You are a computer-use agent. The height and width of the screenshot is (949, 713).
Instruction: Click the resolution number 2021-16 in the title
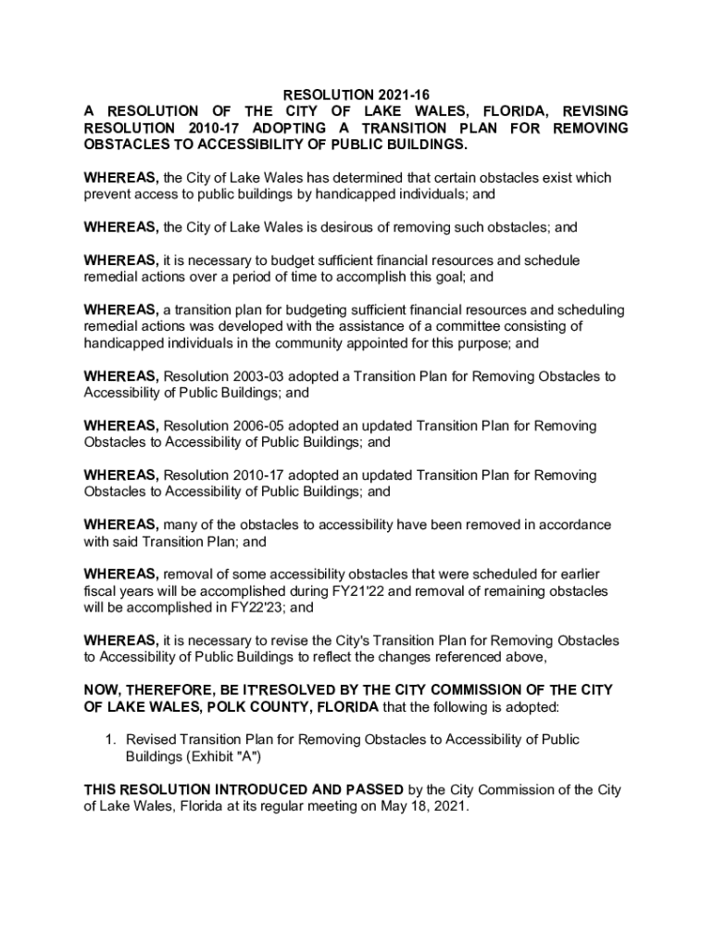coord(406,95)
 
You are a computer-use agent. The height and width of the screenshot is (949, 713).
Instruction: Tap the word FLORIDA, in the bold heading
coord(489,111)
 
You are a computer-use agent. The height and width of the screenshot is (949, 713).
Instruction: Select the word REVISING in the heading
coord(590,111)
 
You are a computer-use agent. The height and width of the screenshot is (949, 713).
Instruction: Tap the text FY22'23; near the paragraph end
coord(289,608)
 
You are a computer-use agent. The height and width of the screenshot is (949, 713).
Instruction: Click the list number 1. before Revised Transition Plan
coord(109,740)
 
